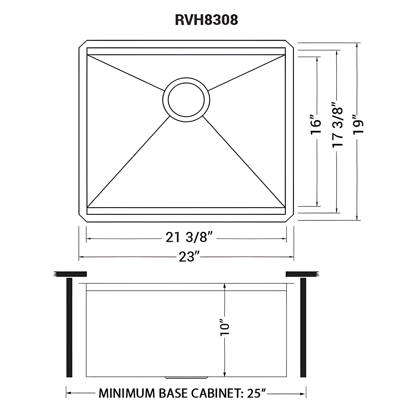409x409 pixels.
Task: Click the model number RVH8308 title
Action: (206, 20)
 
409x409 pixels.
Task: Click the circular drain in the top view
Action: (186, 99)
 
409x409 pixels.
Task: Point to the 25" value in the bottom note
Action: (256, 393)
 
